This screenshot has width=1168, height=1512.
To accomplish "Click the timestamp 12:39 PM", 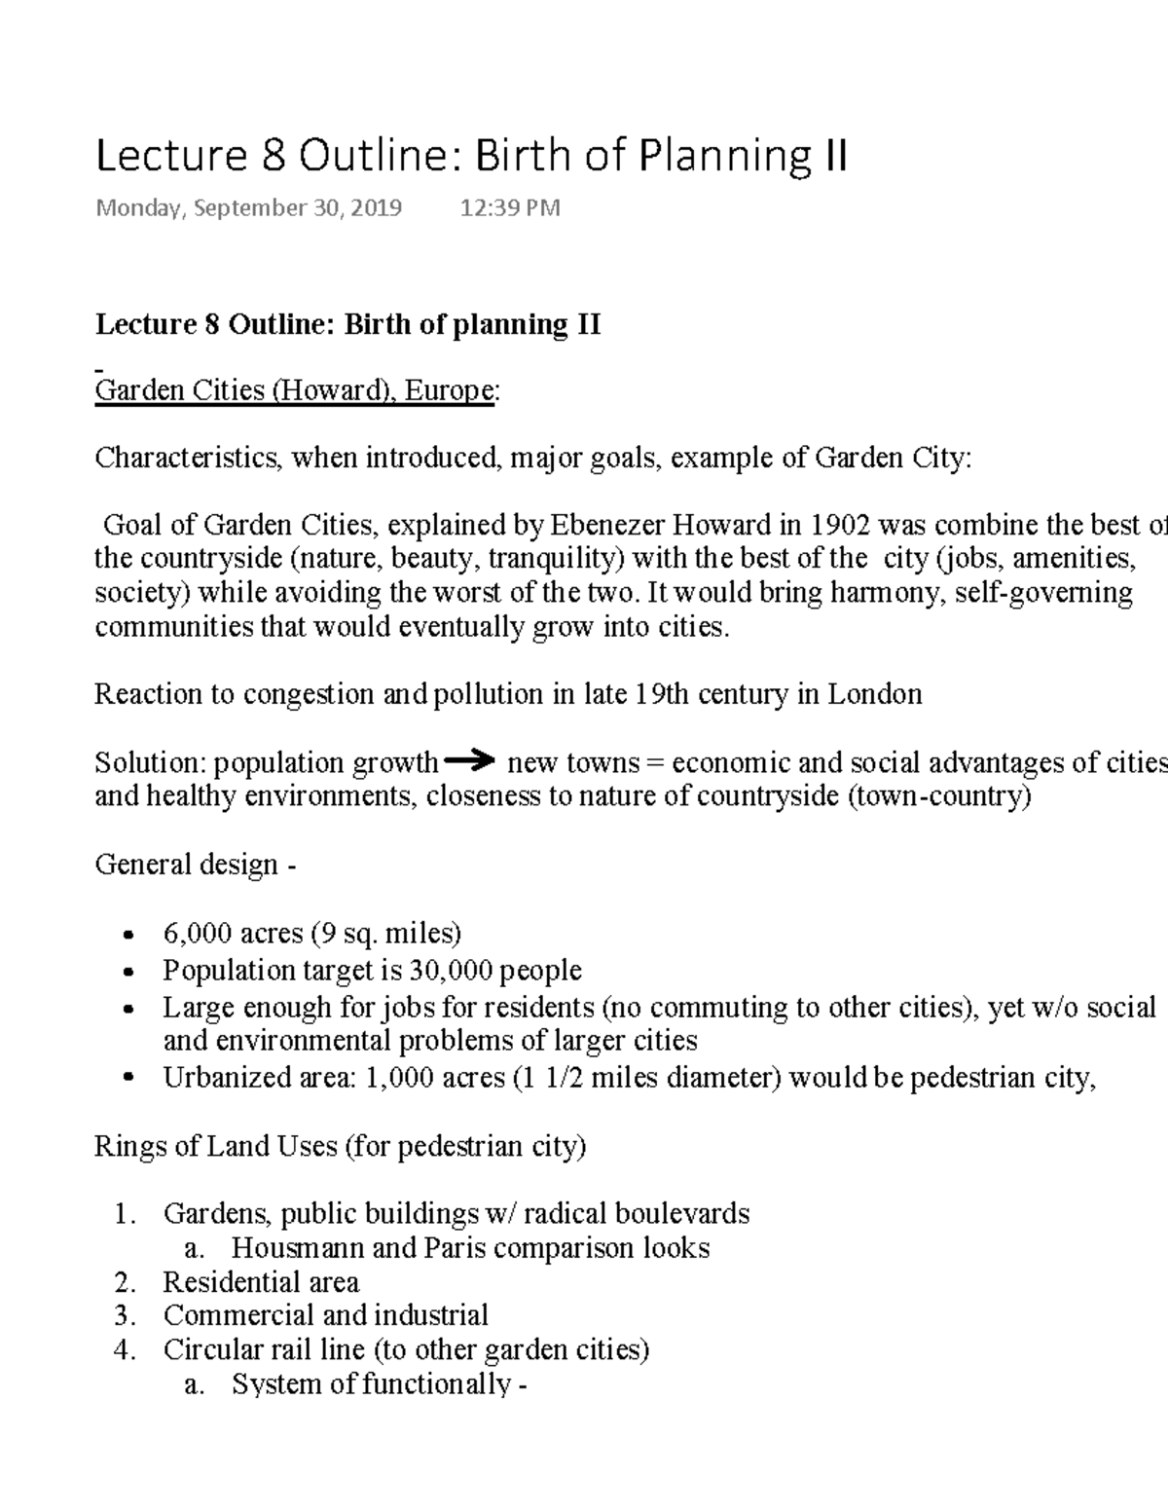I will (x=509, y=207).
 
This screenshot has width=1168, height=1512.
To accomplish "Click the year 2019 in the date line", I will (x=377, y=207).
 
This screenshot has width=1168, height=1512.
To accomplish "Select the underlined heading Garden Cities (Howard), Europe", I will (x=294, y=391).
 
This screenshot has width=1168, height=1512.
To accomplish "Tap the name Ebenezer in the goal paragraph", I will (x=610, y=526).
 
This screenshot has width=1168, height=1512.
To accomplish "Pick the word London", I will (x=874, y=694).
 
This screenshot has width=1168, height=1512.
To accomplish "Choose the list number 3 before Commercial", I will (x=123, y=1315).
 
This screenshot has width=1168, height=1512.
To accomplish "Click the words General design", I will (x=187, y=865).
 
